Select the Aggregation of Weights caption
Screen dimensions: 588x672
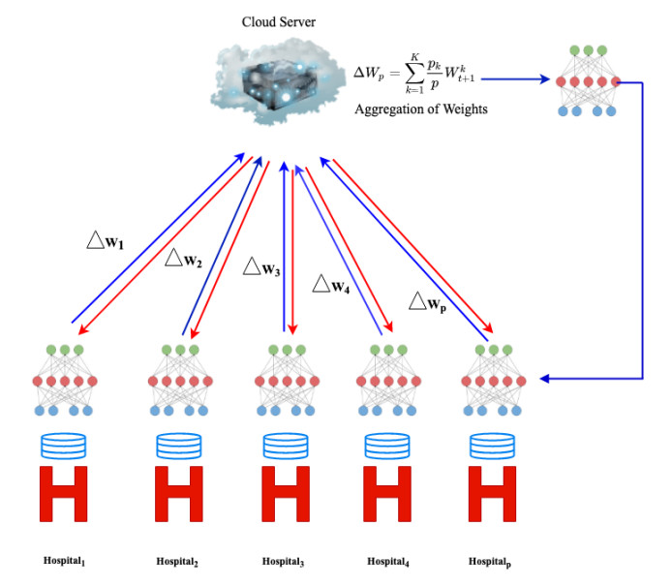tap(425, 109)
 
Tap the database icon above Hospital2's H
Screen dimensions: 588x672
tap(178, 447)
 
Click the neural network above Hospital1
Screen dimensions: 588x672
tap(65, 381)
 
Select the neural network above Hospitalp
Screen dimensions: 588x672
tap(493, 381)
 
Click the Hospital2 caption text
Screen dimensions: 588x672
tap(178, 561)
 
